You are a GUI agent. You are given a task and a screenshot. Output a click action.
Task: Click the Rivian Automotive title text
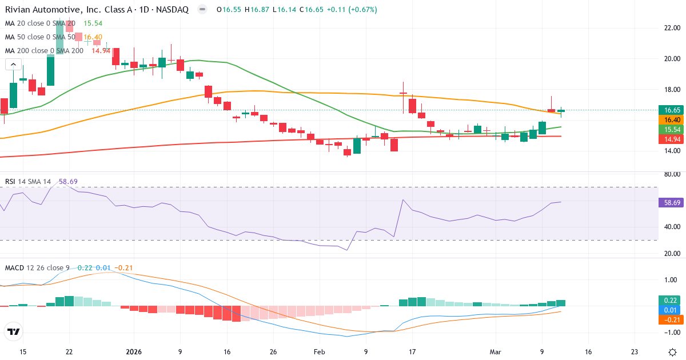97,10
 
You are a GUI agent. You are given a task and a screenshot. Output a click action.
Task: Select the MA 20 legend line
41,23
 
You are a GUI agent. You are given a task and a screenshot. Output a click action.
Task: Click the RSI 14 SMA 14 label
28,182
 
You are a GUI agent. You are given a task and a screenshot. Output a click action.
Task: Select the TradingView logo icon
14,331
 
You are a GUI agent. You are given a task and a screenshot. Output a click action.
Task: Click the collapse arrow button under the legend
13,64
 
